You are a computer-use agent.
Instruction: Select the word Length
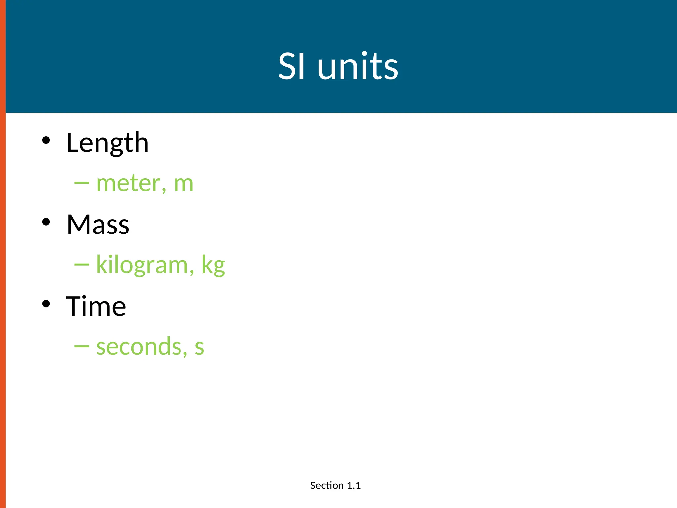pyautogui.click(x=107, y=143)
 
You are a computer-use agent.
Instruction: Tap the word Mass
pyautogui.click(x=98, y=225)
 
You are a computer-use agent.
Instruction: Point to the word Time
pyautogui.click(x=96, y=306)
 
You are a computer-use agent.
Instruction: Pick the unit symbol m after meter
pyautogui.click(x=183, y=184)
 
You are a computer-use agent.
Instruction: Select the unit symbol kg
pyautogui.click(x=213, y=265)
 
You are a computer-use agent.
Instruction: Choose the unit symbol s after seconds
pyautogui.click(x=199, y=347)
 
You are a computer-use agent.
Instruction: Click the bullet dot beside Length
pyautogui.click(x=46, y=140)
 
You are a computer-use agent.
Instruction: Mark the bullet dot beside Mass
pyautogui.click(x=46, y=222)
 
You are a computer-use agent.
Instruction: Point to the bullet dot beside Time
pyautogui.click(x=46, y=304)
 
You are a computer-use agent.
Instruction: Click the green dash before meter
pyautogui.click(x=82, y=183)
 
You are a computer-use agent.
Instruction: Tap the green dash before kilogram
pyautogui.click(x=82, y=265)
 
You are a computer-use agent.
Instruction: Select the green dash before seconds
pyautogui.click(x=82, y=346)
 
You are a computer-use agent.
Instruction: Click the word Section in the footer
pyautogui.click(x=327, y=486)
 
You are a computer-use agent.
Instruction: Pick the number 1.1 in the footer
pyautogui.click(x=354, y=486)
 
